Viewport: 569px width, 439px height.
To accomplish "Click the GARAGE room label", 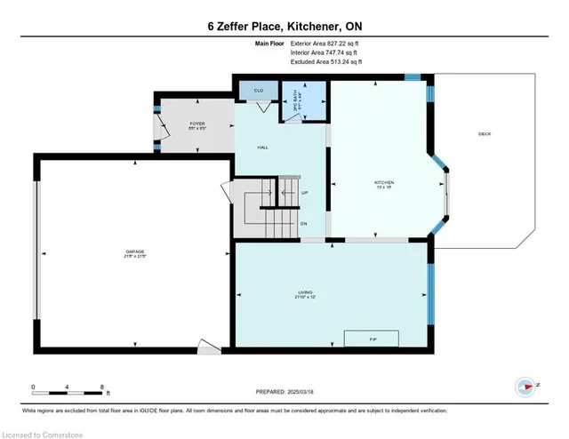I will click(135, 254).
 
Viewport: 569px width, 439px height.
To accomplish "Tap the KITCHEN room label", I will click(383, 184).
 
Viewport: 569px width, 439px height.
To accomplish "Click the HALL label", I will click(263, 147).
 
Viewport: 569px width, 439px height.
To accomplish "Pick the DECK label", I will click(485, 134).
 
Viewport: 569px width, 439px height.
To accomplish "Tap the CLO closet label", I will click(259, 91).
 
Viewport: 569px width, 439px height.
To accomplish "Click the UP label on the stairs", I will click(305, 192).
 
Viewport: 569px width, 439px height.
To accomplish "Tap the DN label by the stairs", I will click(305, 224).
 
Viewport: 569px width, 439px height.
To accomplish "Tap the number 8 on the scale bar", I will click(103, 387).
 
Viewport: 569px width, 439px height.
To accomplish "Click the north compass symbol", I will click(525, 386).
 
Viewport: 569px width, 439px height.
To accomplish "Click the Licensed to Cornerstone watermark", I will click(44, 431).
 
